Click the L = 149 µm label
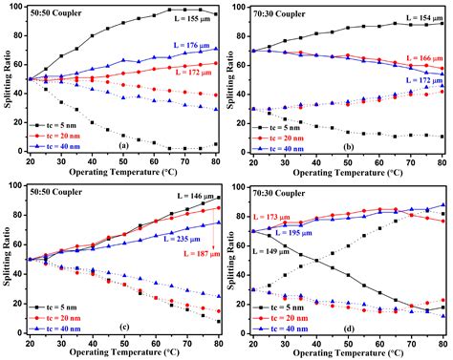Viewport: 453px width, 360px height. [284, 251]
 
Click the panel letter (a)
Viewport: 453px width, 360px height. [122, 145]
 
